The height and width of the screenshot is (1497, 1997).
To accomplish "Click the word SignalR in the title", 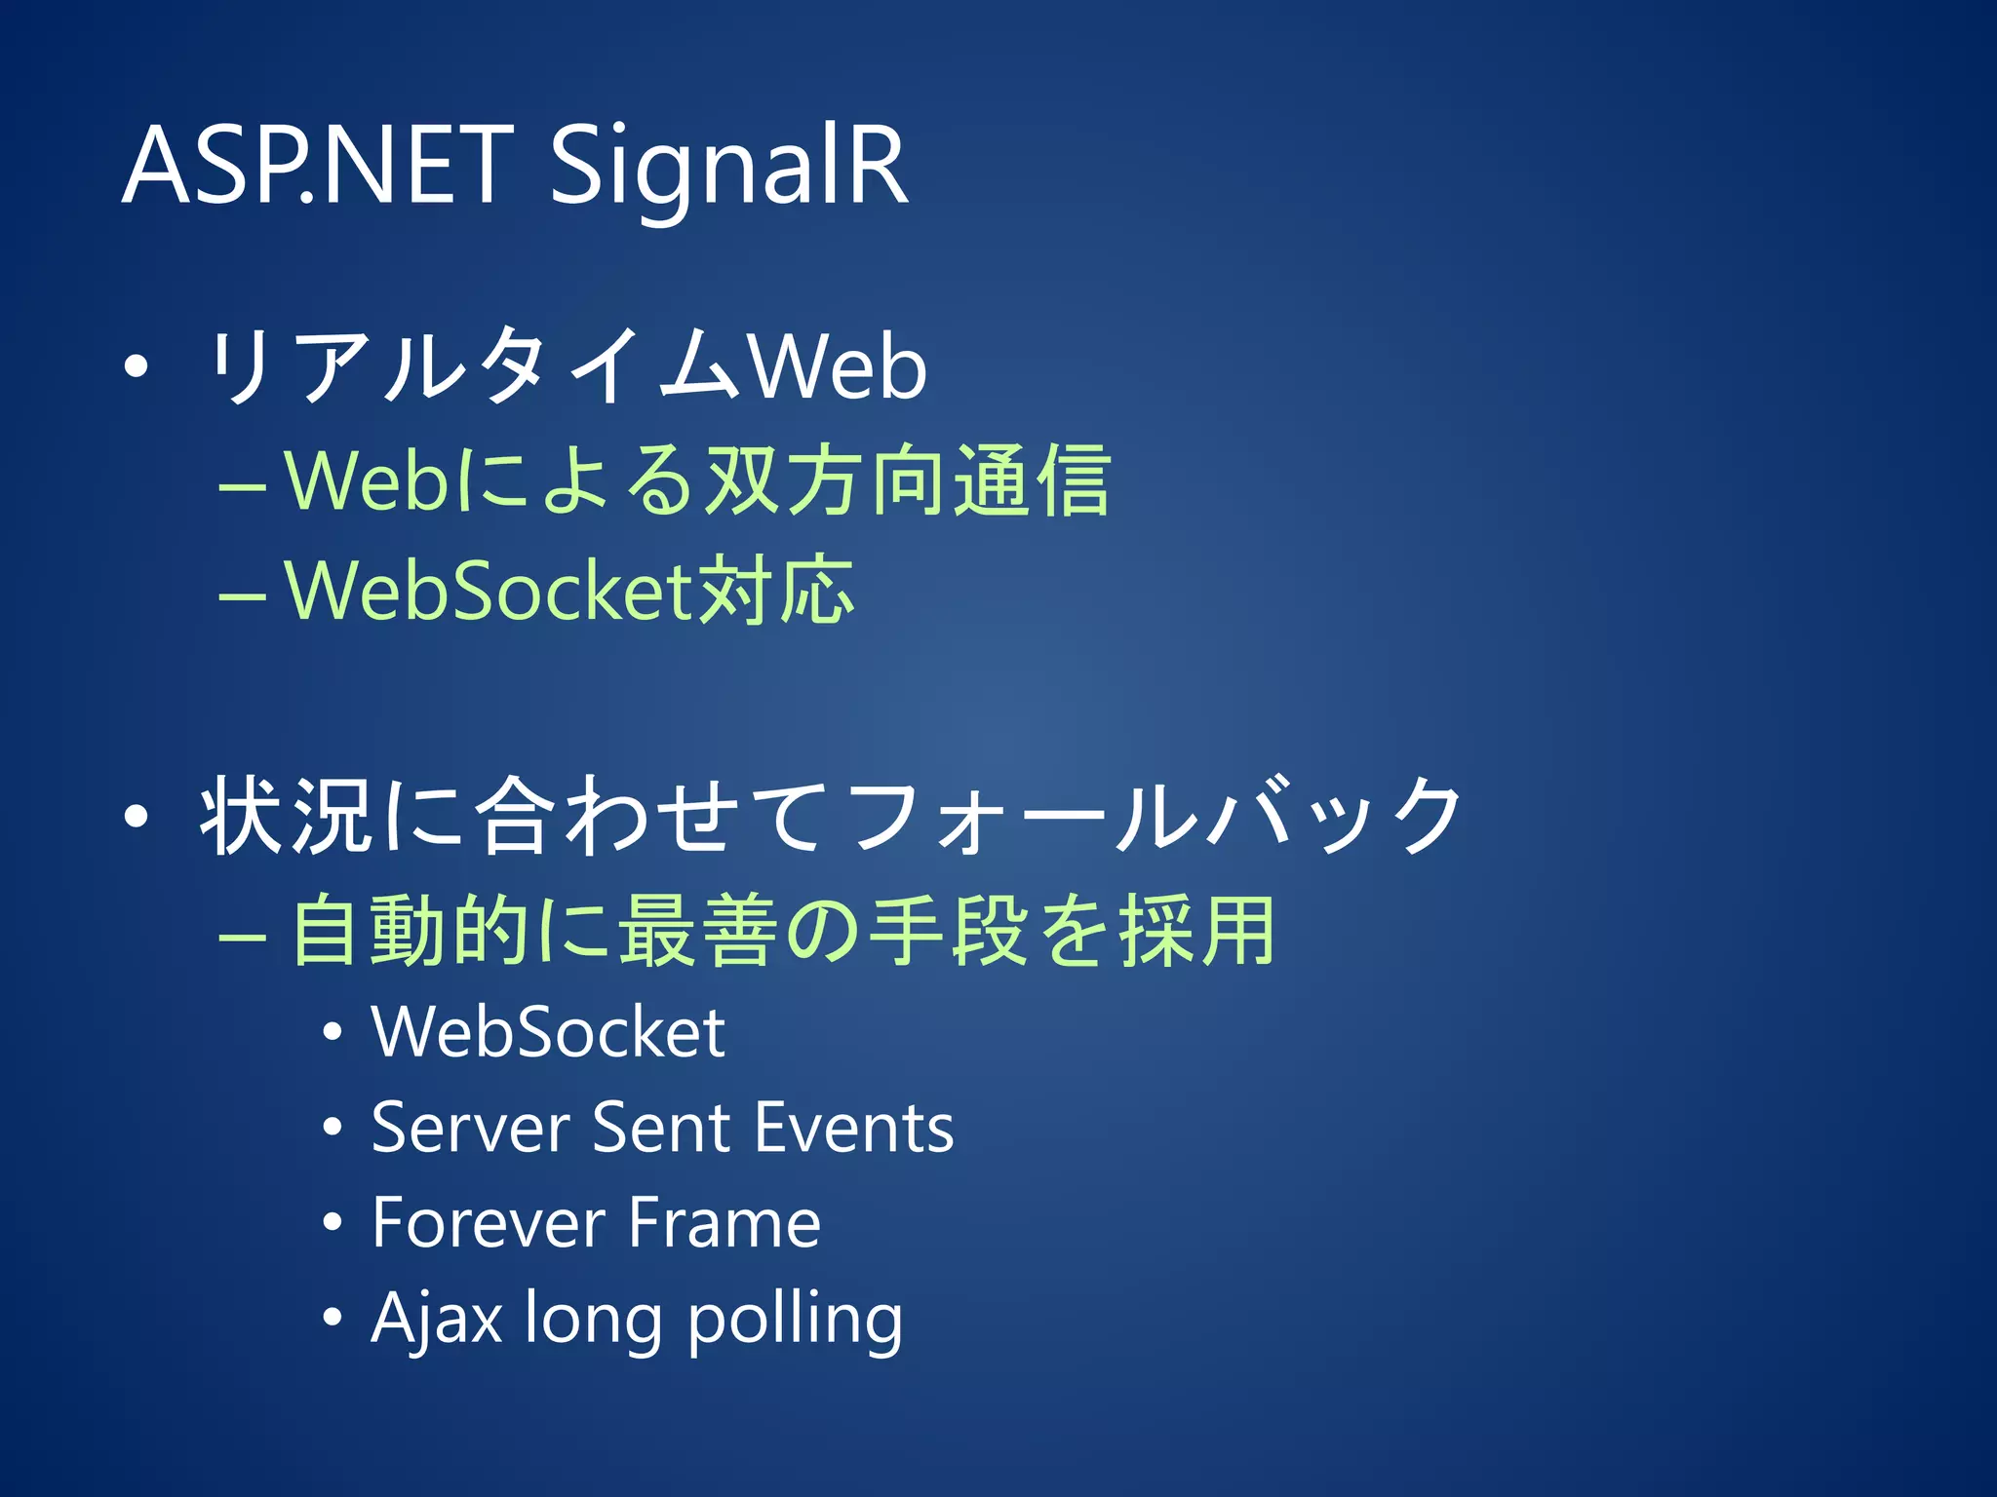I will [729, 168].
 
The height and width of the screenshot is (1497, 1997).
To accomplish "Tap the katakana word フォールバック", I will [1155, 817].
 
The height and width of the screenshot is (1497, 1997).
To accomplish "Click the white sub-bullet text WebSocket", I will [548, 1033].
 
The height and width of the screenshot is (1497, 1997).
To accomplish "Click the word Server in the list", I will [471, 1129].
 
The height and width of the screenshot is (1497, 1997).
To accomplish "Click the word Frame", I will [724, 1223].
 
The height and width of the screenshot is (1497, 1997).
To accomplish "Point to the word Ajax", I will [437, 1319].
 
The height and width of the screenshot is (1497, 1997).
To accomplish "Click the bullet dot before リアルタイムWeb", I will [137, 368].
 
